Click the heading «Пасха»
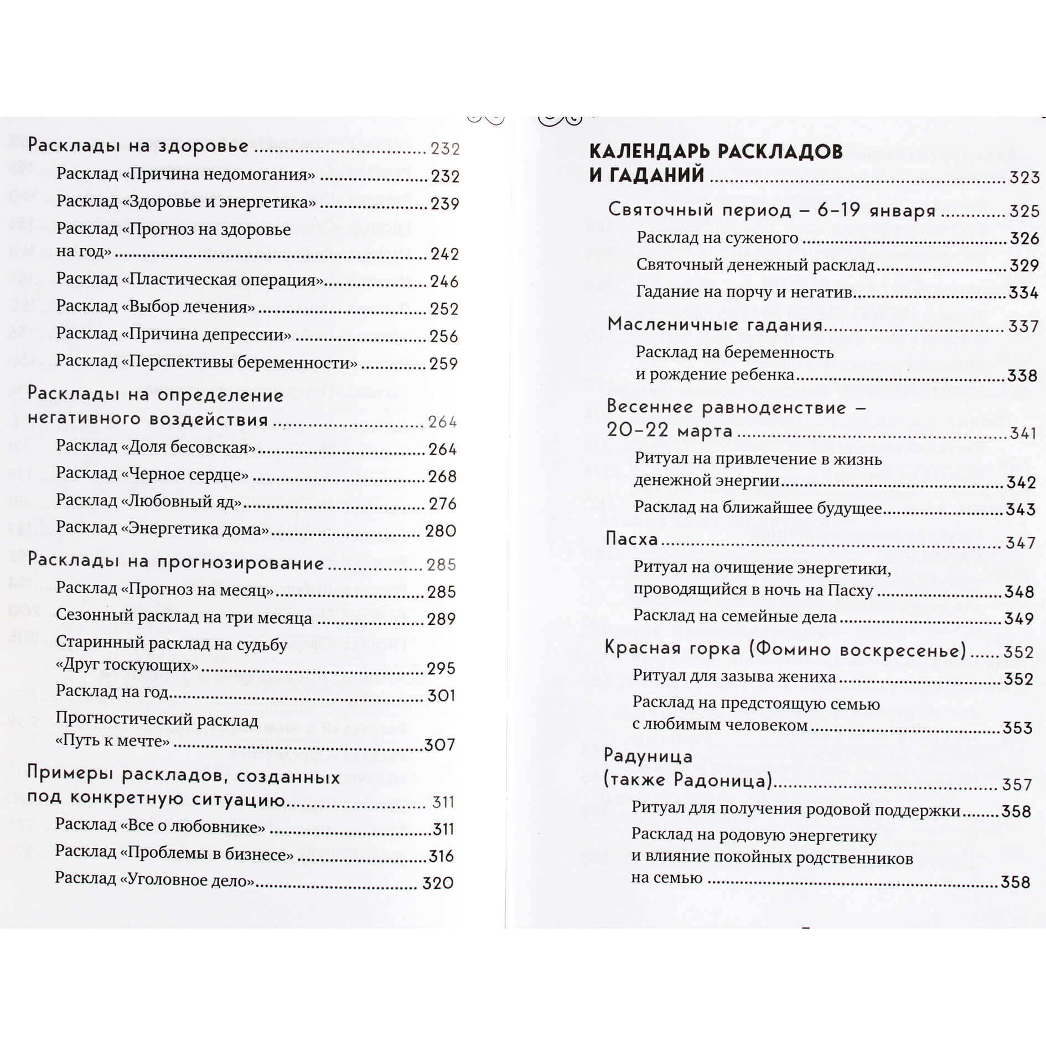(631, 538)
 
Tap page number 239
(445, 204)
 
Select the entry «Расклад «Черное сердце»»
(152, 474)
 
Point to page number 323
(1024, 178)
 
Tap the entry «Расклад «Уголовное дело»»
(154, 880)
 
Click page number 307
(440, 745)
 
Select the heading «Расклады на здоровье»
(138, 146)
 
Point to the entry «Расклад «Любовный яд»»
(149, 501)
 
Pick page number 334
(1023, 292)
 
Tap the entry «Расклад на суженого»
(717, 238)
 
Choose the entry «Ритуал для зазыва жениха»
(734, 677)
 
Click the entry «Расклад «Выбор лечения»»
(156, 307)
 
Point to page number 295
(441, 669)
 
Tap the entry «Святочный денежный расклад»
(755, 265)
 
